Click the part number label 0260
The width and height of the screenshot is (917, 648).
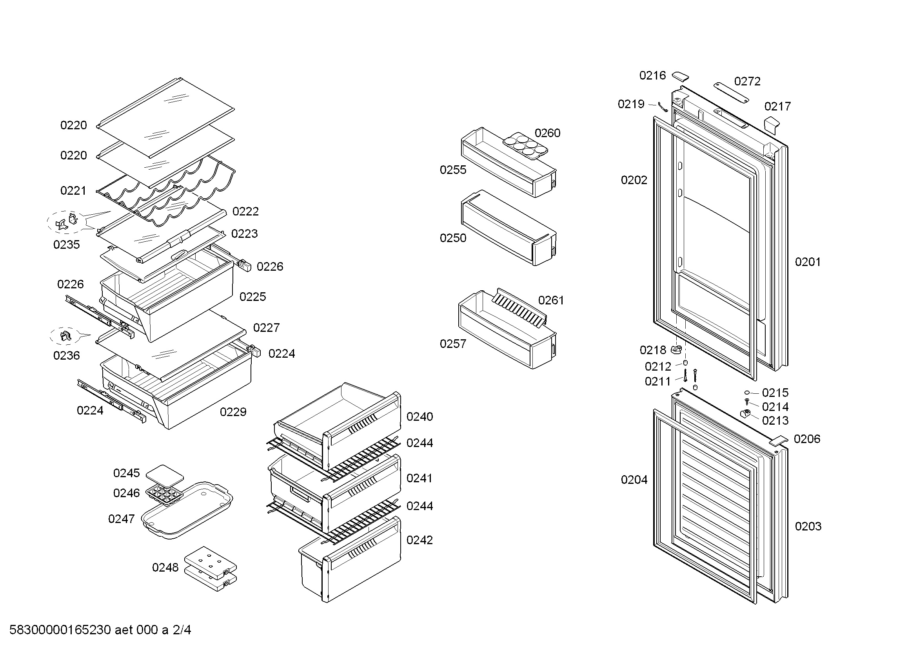point(548,133)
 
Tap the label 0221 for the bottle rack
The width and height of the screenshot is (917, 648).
point(73,191)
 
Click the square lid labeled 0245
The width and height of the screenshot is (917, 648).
point(165,474)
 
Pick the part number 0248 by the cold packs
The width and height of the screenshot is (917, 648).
point(165,567)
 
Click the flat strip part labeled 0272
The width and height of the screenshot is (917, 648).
point(731,93)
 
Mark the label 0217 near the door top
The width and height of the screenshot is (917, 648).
point(777,107)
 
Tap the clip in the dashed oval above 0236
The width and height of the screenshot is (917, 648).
point(65,337)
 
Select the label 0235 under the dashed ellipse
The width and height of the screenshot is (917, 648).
point(66,244)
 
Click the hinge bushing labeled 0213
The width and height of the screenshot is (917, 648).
point(745,413)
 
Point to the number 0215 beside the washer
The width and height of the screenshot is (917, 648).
point(775,393)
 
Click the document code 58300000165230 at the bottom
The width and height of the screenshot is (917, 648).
point(60,630)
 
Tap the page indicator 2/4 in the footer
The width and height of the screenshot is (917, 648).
point(182,630)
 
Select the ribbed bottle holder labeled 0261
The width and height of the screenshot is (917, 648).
point(519,308)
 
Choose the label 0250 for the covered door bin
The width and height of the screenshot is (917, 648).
point(453,238)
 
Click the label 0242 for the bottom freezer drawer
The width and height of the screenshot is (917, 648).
point(419,540)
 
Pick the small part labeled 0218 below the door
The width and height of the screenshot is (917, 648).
point(675,350)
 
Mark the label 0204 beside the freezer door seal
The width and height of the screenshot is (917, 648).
point(634,480)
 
